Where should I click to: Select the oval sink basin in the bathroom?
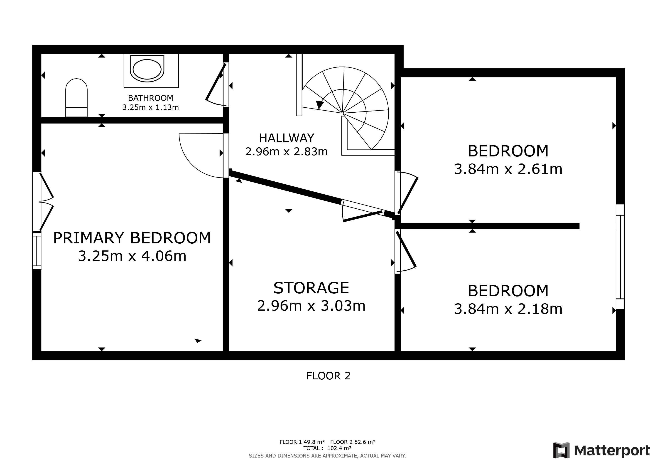point(147,69)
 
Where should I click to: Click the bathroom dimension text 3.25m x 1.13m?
point(150,107)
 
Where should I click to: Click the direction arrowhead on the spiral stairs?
point(320,105)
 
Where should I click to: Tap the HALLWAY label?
point(287,138)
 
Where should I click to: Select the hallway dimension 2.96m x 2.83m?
point(287,152)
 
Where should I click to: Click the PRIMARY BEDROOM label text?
point(132,238)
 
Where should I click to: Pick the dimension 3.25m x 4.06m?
point(132,256)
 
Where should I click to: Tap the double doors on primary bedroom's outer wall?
point(46,202)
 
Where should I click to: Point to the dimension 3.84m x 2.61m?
point(508,169)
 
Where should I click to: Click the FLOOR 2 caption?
point(328,376)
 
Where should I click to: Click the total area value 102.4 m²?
point(339,448)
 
